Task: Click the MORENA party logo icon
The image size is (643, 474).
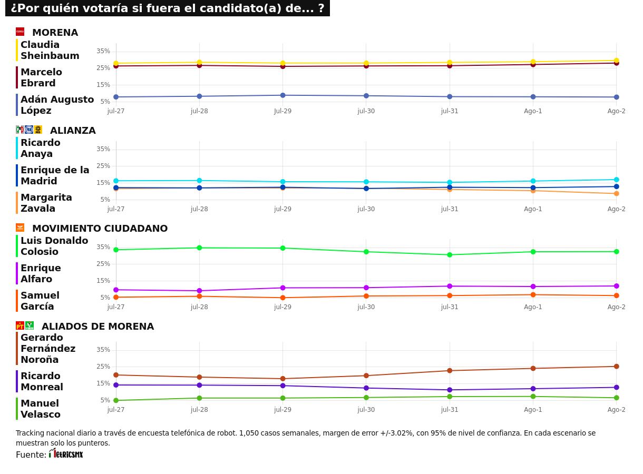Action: click(x=20, y=32)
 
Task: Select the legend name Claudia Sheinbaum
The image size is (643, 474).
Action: click(x=50, y=50)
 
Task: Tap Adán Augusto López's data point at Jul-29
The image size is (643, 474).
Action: click(x=282, y=95)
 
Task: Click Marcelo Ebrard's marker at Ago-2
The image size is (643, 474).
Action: click(x=616, y=63)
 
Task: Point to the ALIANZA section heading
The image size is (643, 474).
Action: click(x=73, y=130)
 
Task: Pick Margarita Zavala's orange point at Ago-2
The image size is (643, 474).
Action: click(x=616, y=193)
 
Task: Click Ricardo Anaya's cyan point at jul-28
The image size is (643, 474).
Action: click(x=199, y=181)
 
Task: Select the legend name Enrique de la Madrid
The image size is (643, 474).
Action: click(x=55, y=175)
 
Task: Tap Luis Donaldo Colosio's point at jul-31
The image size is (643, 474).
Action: click(x=450, y=255)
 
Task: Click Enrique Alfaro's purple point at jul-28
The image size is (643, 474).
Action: click(x=199, y=291)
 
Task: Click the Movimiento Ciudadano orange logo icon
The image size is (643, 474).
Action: click(x=20, y=228)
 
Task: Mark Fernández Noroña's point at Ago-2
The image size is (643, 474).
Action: click(x=616, y=367)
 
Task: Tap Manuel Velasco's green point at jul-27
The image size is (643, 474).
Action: click(x=116, y=400)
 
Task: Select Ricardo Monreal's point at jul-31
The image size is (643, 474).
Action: click(x=450, y=390)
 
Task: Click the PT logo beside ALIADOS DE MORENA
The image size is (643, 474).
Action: click(x=20, y=325)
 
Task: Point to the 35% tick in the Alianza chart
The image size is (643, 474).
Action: click(x=103, y=149)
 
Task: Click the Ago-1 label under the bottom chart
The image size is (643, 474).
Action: click(x=533, y=410)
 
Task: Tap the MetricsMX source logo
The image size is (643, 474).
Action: click(x=66, y=453)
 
